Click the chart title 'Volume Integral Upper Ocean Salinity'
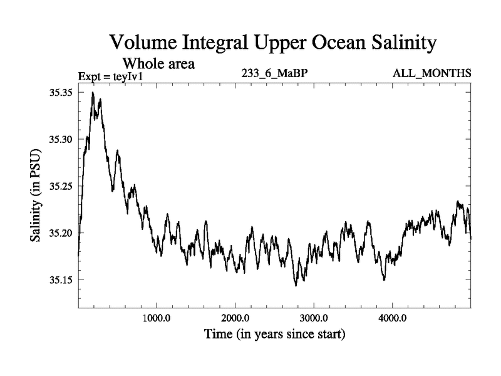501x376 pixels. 272,43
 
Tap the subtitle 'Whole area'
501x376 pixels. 158,63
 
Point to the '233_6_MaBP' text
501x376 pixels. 274,73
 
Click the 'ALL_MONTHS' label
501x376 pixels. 432,73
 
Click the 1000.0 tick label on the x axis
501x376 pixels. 156,317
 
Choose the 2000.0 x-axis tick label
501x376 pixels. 235,317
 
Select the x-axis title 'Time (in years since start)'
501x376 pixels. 275,334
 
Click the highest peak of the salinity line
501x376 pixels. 93,93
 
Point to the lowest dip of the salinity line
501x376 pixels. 296,286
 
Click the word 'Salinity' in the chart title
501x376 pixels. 398,43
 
